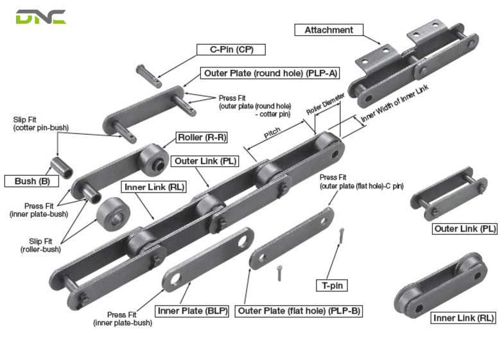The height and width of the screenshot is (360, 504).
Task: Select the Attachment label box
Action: [329, 30]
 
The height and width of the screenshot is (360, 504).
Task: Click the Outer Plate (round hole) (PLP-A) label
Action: [261, 73]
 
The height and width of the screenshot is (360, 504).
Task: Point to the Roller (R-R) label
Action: [202, 137]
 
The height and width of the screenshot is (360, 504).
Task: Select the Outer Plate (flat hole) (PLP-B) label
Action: [299, 311]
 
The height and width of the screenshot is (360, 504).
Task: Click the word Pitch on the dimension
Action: [272, 136]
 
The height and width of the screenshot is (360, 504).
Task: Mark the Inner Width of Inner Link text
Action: [394, 103]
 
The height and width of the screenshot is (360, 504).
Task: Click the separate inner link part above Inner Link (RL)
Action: [439, 283]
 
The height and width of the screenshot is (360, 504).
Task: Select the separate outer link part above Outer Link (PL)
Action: [448, 193]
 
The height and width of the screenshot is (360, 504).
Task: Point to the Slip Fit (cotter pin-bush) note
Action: [40, 124]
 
